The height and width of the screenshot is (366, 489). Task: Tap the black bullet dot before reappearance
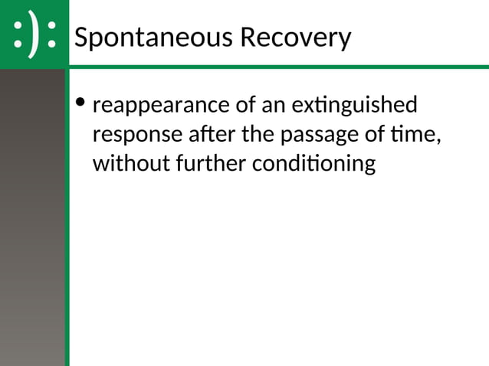[80, 103]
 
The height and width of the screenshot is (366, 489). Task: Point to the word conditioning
[313, 164]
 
